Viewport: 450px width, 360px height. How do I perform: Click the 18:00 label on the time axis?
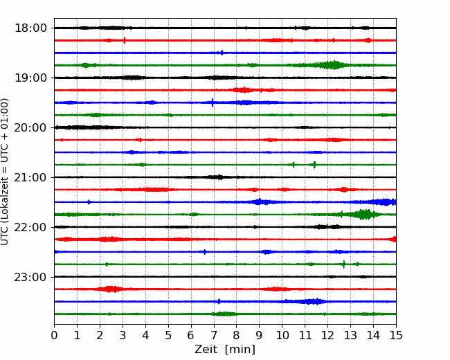(30, 28)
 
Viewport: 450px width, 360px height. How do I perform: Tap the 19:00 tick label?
(30, 78)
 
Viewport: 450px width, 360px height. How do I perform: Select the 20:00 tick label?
(30, 127)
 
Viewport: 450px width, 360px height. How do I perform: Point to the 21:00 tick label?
(30, 177)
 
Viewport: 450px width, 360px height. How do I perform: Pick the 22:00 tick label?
(30, 227)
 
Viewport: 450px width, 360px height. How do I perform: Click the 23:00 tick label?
(30, 277)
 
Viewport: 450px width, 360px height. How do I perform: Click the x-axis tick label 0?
(54, 335)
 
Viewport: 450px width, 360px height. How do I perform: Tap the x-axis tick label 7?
(214, 335)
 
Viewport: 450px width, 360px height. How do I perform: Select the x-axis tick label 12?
(327, 335)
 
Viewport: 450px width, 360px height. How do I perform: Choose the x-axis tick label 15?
(396, 335)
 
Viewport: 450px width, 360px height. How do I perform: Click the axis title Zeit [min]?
(225, 350)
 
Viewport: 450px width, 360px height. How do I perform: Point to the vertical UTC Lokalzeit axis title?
(5, 172)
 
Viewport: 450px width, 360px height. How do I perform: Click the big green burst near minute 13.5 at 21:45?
(363, 215)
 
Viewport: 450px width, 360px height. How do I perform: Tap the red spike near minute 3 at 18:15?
(124, 40)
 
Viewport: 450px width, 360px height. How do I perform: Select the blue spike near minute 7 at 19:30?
(213, 102)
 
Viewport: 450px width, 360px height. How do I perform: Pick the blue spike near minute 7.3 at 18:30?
(222, 53)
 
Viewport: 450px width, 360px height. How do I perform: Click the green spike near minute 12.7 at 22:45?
(344, 264)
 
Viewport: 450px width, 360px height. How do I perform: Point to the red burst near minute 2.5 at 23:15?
(110, 289)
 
